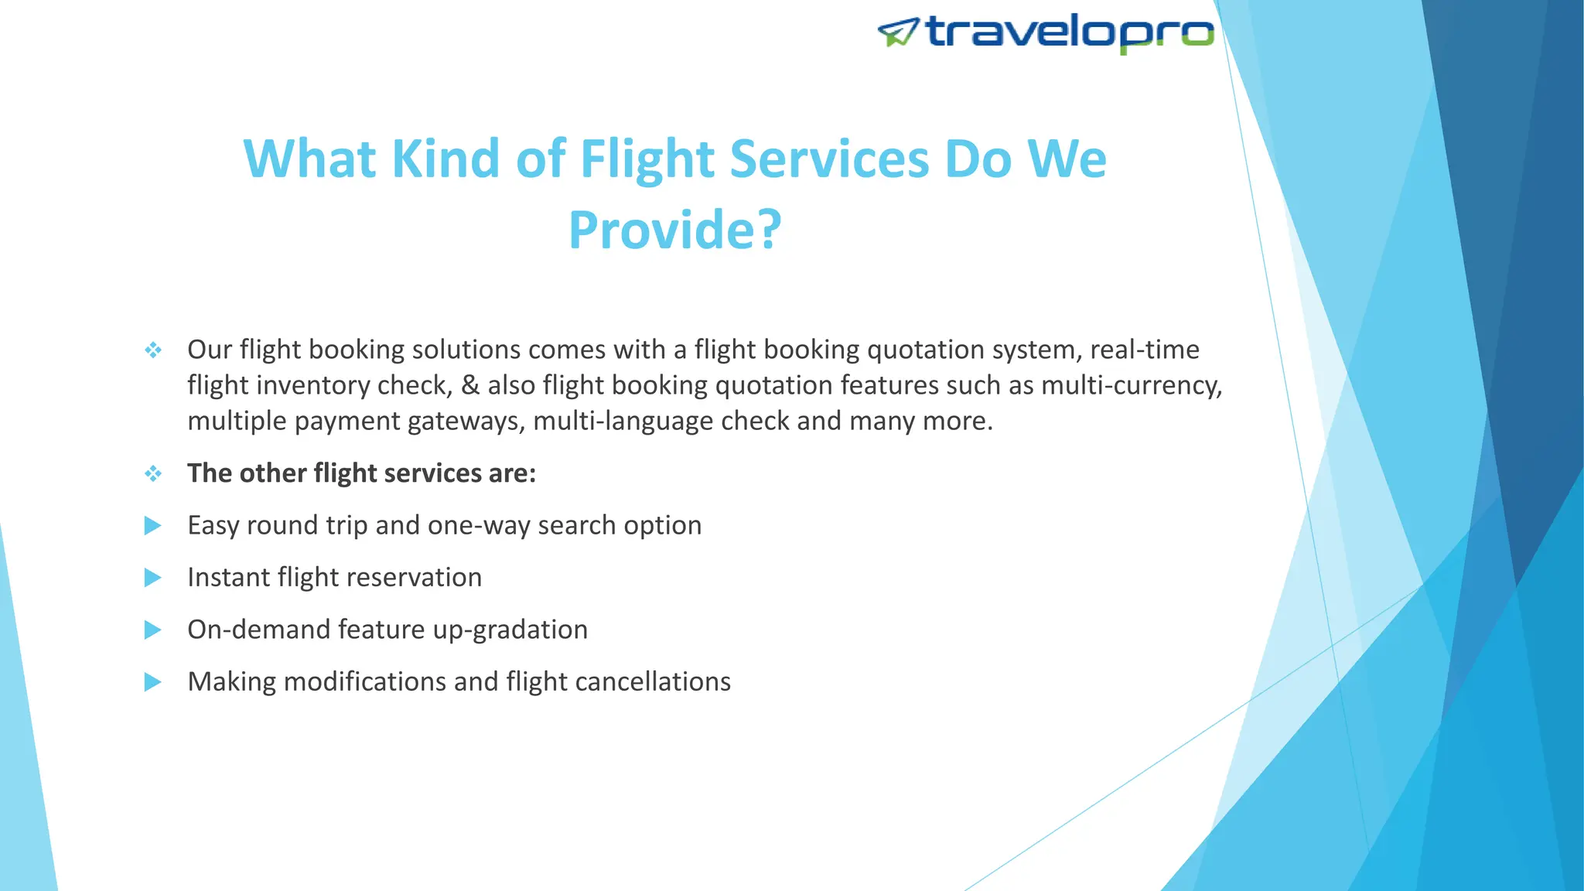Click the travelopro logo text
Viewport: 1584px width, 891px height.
pyautogui.click(x=1069, y=32)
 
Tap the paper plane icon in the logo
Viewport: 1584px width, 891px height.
pyautogui.click(x=898, y=32)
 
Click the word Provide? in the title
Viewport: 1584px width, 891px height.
pyautogui.click(x=675, y=230)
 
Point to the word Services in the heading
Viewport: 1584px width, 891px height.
pyautogui.click(x=829, y=159)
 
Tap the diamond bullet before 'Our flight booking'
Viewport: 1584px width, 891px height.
pyautogui.click(x=153, y=350)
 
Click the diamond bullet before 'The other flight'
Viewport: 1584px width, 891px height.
pyautogui.click(x=153, y=473)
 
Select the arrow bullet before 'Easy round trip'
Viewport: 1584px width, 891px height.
pyautogui.click(x=153, y=526)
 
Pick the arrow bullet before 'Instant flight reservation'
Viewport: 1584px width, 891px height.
pyautogui.click(x=153, y=578)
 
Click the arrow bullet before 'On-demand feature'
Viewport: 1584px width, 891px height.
pyautogui.click(x=153, y=630)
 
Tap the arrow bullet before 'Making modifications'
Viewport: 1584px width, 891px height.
pyautogui.click(x=153, y=682)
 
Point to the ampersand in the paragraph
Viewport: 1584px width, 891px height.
pyautogui.click(x=470, y=385)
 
